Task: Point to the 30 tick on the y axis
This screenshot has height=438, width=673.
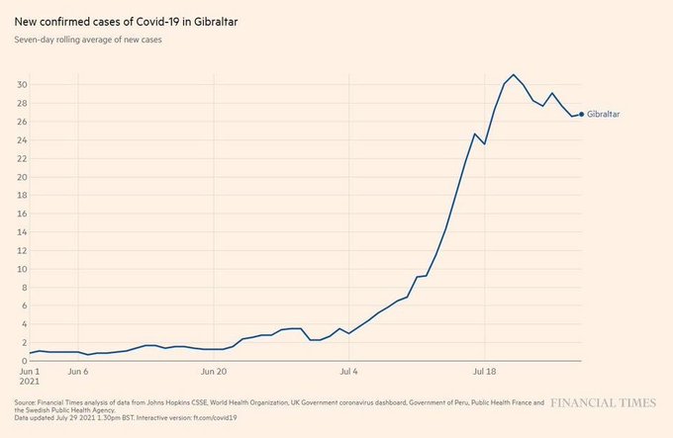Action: click(x=21, y=84)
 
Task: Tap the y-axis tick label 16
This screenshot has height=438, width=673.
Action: click(x=21, y=214)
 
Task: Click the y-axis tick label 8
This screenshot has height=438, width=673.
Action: click(x=24, y=288)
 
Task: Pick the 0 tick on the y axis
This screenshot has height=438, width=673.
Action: click(x=24, y=362)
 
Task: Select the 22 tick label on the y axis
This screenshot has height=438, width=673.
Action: click(x=21, y=158)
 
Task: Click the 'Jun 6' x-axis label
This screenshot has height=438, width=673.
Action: click(x=78, y=373)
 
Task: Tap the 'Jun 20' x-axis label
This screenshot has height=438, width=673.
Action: click(x=214, y=373)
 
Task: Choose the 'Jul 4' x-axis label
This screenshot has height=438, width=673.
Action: click(x=348, y=373)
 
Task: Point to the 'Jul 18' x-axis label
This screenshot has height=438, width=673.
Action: click(x=484, y=373)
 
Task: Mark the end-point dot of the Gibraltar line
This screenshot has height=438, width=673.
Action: click(x=581, y=115)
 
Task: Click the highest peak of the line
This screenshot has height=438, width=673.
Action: click(x=514, y=75)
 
